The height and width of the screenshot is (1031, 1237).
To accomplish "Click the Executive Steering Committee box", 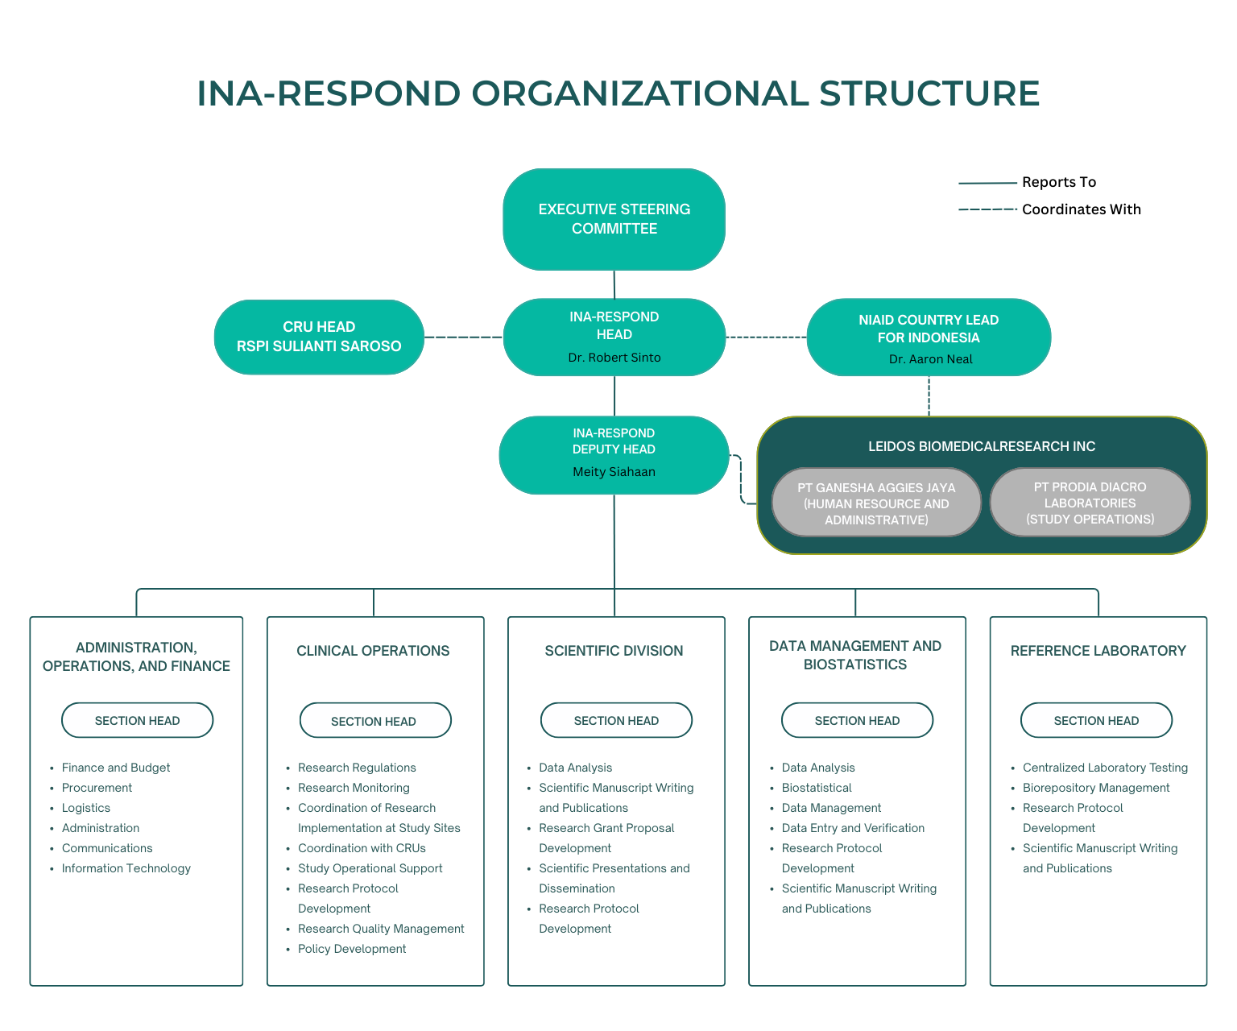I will (x=614, y=219).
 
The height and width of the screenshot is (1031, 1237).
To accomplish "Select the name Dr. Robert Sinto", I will (x=614, y=358).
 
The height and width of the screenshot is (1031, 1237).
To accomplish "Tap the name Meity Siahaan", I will (x=614, y=472).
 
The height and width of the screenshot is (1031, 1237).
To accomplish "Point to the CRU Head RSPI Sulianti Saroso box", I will (x=319, y=337).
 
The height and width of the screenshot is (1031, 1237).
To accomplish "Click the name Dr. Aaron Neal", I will (x=930, y=359).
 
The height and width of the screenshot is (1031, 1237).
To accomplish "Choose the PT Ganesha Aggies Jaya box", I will (x=876, y=503).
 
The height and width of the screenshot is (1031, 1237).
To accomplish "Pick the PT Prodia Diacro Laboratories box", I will (x=1090, y=503).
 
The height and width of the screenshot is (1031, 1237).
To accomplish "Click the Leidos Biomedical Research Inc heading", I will (x=982, y=446).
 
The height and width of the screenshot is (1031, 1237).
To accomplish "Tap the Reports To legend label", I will (x=1059, y=182).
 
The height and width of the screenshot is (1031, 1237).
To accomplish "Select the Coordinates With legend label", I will (x=1081, y=209).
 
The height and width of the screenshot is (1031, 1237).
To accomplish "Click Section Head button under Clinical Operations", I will (x=374, y=721).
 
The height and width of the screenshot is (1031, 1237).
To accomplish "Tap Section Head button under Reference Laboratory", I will (x=1096, y=720).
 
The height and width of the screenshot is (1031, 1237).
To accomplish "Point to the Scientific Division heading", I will (x=614, y=651).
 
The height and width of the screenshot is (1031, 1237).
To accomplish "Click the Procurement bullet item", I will (x=97, y=788).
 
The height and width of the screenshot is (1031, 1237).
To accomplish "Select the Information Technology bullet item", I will (x=126, y=868).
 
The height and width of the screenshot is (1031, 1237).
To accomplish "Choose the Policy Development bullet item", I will (x=352, y=949).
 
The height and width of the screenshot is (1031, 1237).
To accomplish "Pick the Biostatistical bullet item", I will (x=817, y=788).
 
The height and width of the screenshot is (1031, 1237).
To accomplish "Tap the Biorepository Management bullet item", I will (x=1096, y=788).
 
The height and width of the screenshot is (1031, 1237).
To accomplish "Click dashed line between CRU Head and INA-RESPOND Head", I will (x=464, y=337).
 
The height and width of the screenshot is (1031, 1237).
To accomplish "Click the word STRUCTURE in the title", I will (x=929, y=93).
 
